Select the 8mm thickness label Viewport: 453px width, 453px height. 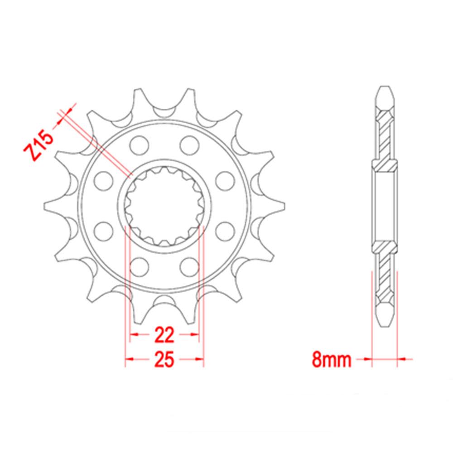pyautogui.click(x=332, y=360)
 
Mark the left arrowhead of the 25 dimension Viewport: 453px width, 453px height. pyautogui.click(x=128, y=360)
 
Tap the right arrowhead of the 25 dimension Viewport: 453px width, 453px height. pyautogui.click(x=201, y=360)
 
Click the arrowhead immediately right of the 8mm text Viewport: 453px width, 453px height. pyautogui.click(x=368, y=360)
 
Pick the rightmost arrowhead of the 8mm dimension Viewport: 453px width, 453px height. pyautogui.click(x=401, y=360)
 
